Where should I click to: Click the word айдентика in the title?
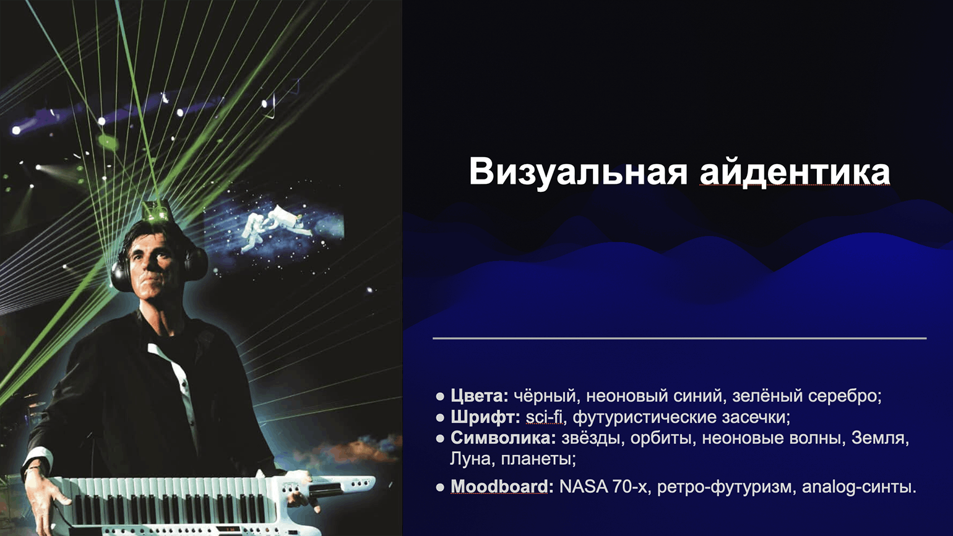pos(795,172)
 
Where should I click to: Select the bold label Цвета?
pos(480,396)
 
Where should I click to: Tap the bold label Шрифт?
pos(485,417)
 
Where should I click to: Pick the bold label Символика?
pos(503,438)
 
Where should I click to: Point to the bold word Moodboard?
pos(502,486)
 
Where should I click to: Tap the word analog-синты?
pos(859,486)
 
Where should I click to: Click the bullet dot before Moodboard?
pos(440,487)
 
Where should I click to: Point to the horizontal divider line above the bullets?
pos(679,338)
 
